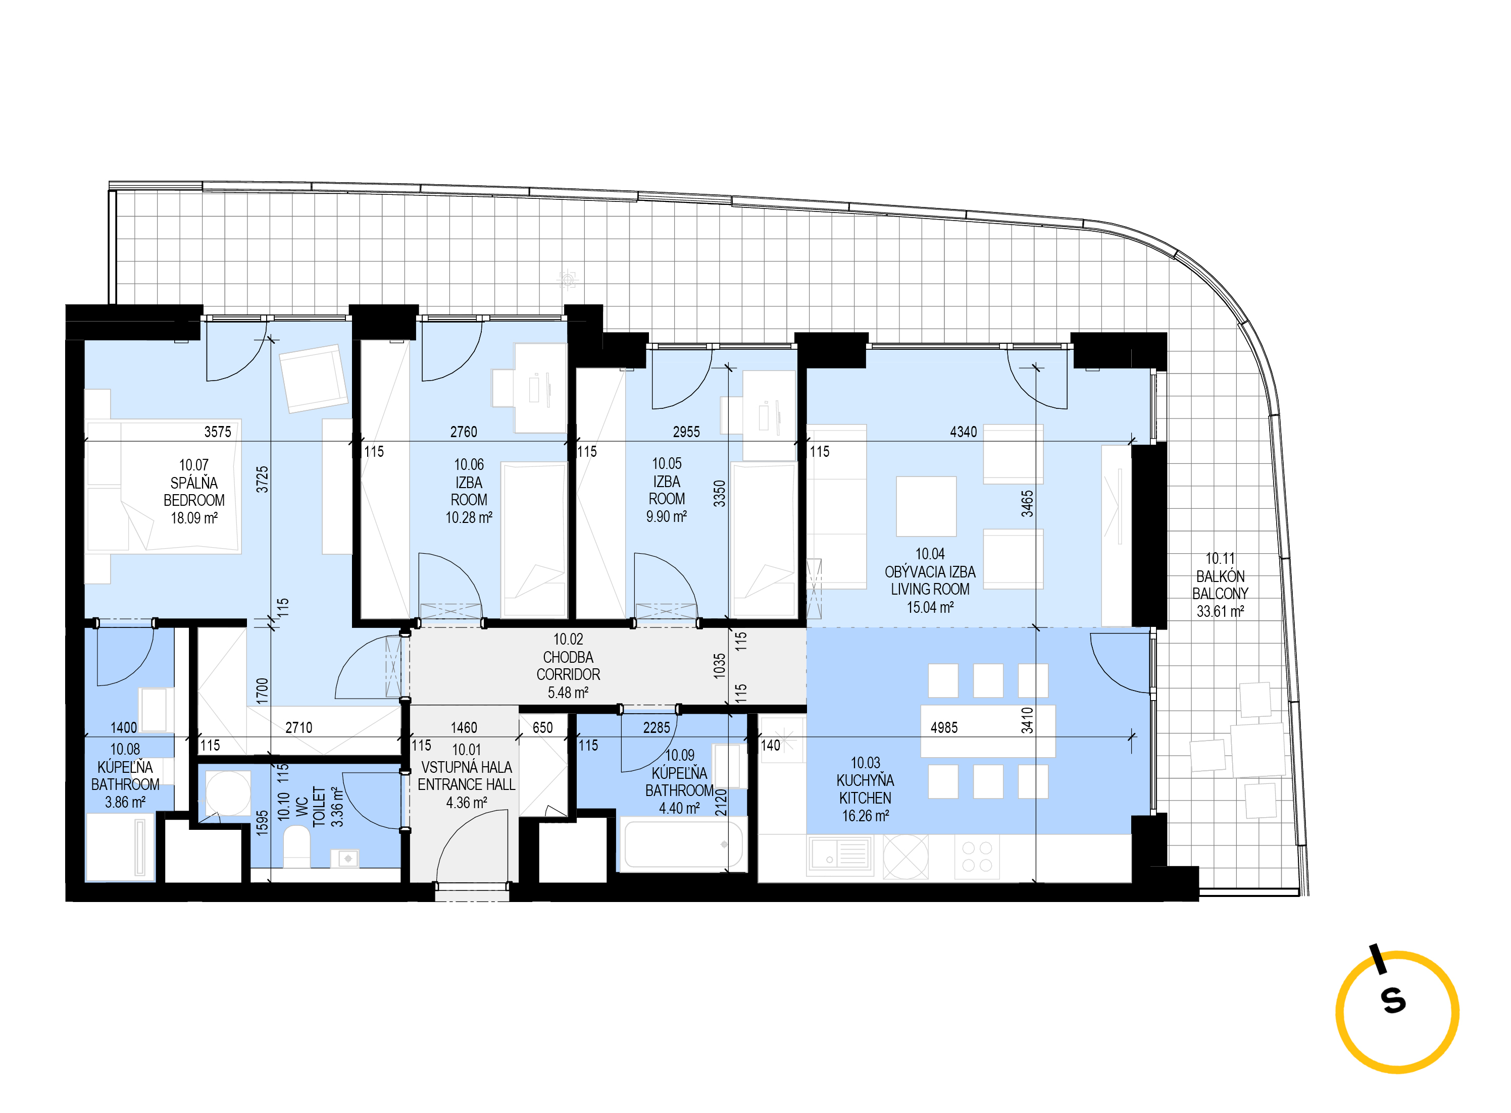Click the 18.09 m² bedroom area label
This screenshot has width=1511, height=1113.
point(194,518)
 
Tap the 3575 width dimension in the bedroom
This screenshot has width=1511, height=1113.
point(218,432)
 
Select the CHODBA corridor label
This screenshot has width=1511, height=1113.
point(568,657)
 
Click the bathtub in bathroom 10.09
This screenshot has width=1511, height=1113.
point(683,844)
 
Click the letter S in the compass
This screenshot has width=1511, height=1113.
point(1393,1000)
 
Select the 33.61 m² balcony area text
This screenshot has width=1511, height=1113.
point(1220,611)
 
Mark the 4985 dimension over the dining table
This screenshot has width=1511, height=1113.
point(944,728)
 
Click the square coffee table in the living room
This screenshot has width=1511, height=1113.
point(926,506)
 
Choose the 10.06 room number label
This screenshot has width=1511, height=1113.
point(469,464)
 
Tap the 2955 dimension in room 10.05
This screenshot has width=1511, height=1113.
point(686,432)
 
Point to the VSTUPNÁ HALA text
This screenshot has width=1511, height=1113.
point(466,767)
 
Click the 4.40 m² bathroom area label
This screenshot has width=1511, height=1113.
point(679,808)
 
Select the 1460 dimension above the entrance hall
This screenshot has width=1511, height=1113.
point(464,728)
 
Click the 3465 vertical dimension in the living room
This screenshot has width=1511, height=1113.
point(1026,503)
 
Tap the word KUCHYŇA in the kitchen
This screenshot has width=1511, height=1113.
point(866,780)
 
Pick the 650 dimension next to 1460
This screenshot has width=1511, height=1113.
point(542,728)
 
